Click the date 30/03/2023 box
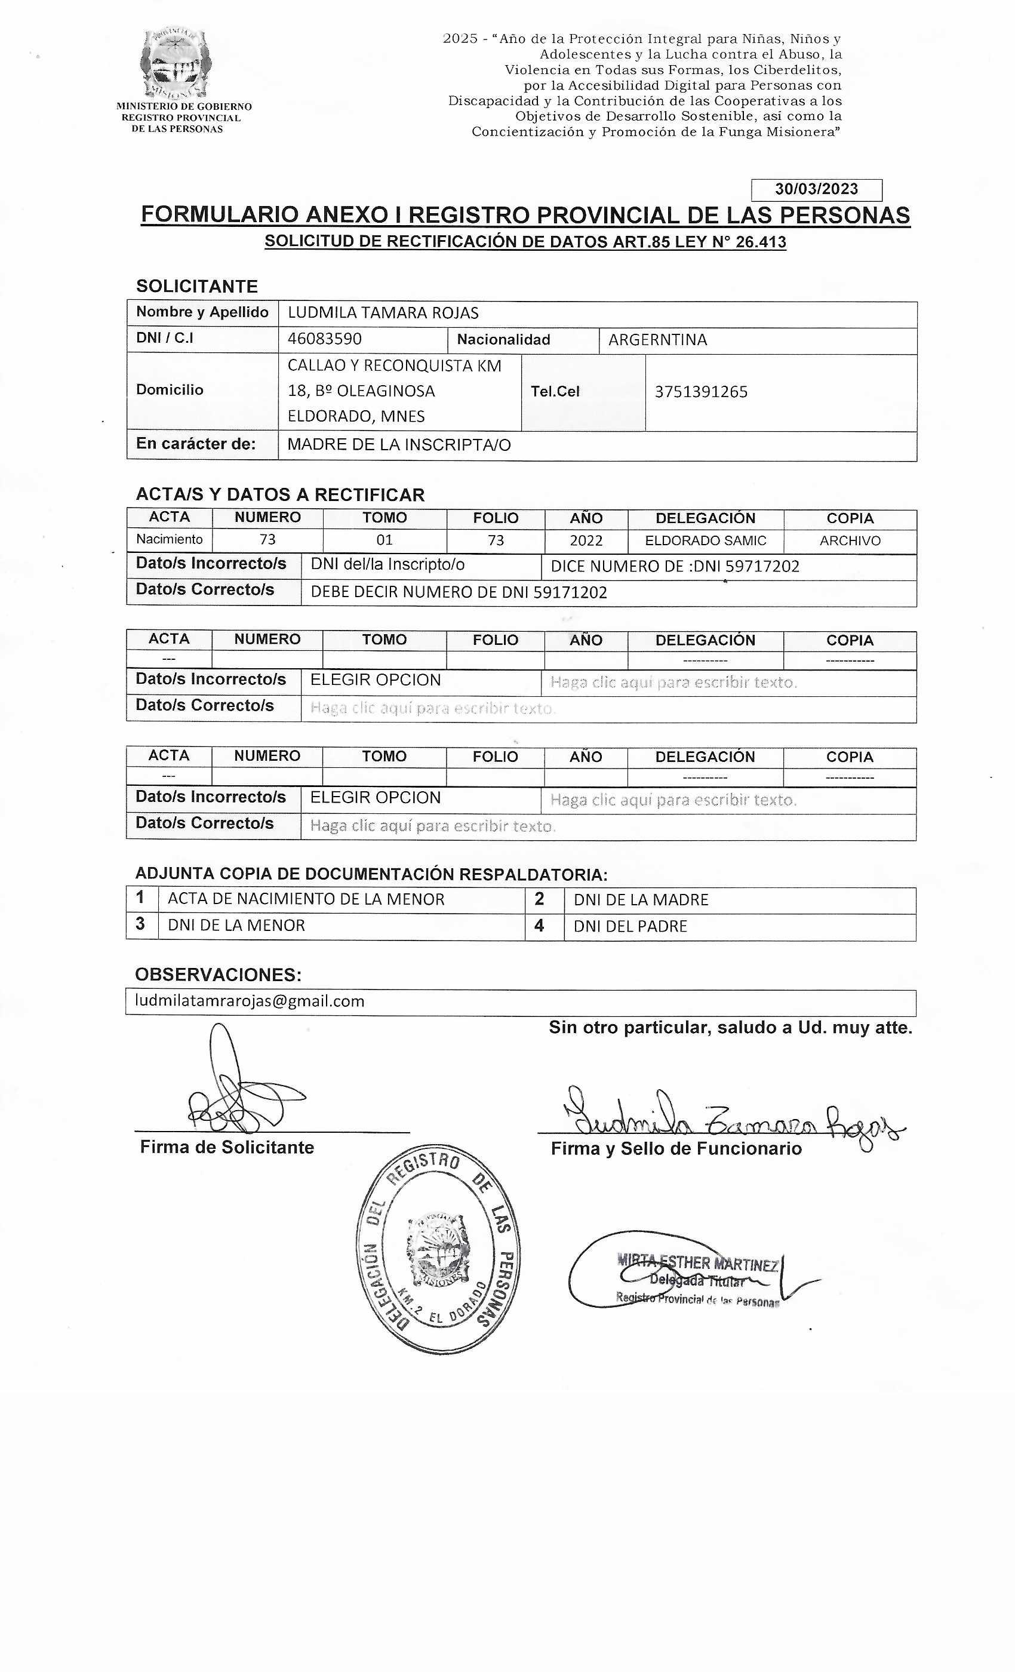[x=816, y=189]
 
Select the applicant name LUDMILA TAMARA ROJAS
[x=383, y=313]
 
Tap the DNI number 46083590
[x=324, y=339]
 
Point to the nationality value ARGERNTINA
[x=657, y=339]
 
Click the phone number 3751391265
[x=701, y=392]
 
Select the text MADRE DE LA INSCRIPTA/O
[x=399, y=444]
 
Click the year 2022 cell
[x=586, y=540]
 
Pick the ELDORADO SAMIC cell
[x=705, y=540]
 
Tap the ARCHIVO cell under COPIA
[x=850, y=540]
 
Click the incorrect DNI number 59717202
[x=762, y=566]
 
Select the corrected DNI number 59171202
[x=570, y=592]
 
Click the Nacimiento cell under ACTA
[x=169, y=539]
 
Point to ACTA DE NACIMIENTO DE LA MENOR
[x=306, y=899]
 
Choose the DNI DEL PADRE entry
[x=630, y=926]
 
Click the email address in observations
[x=250, y=1001]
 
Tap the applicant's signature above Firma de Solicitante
[x=238, y=1093]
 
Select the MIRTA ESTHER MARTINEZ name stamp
[x=696, y=1264]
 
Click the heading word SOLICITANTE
[x=197, y=287]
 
